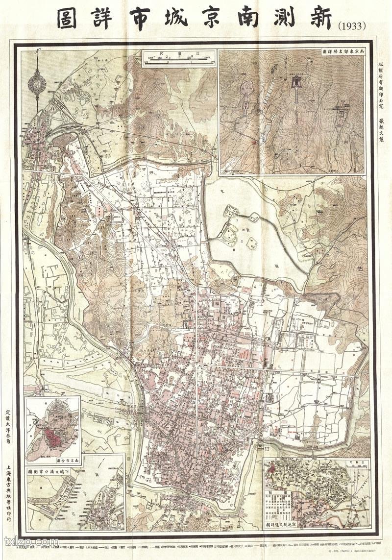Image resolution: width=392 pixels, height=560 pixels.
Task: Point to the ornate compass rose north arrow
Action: tap(36, 83)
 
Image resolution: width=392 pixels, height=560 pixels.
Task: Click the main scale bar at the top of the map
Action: tap(176, 60)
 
